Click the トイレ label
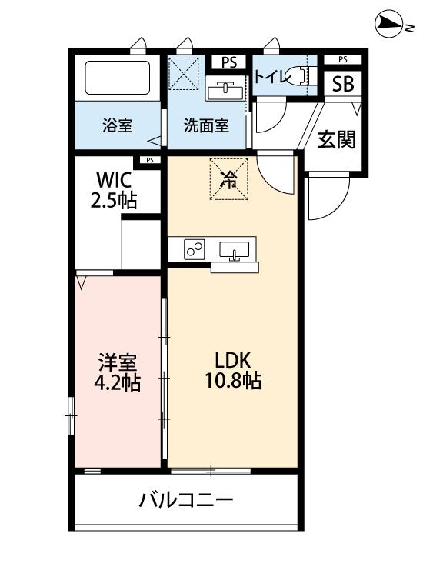pos(270,76)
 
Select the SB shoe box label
pos(342,85)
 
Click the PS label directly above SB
pos(342,59)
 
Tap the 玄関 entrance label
pos(337,139)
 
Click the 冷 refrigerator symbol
pos(229,179)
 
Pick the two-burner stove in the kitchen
pos(193,248)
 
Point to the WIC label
pos(115,181)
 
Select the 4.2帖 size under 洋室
pos(118,382)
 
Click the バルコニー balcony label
pos(185,501)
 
